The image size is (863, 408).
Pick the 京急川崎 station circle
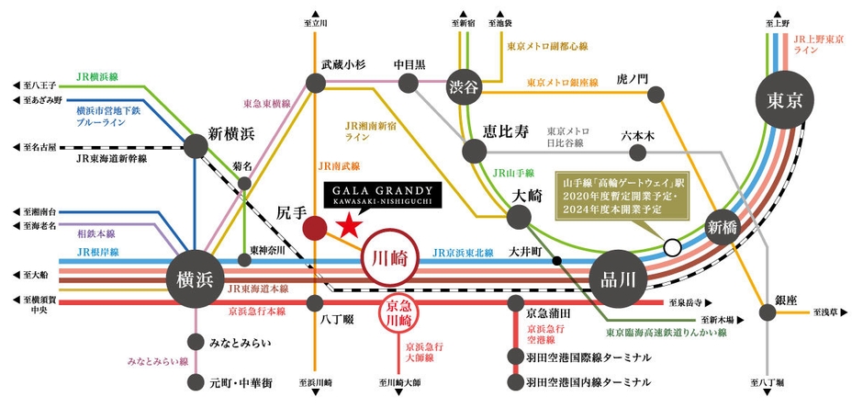[405, 318]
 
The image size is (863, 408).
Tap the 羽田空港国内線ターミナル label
[589, 381]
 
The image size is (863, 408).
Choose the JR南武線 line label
[338, 168]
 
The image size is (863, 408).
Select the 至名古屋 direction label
[39, 146]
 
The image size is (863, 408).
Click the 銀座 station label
[787, 300]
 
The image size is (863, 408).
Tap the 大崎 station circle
[520, 216]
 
